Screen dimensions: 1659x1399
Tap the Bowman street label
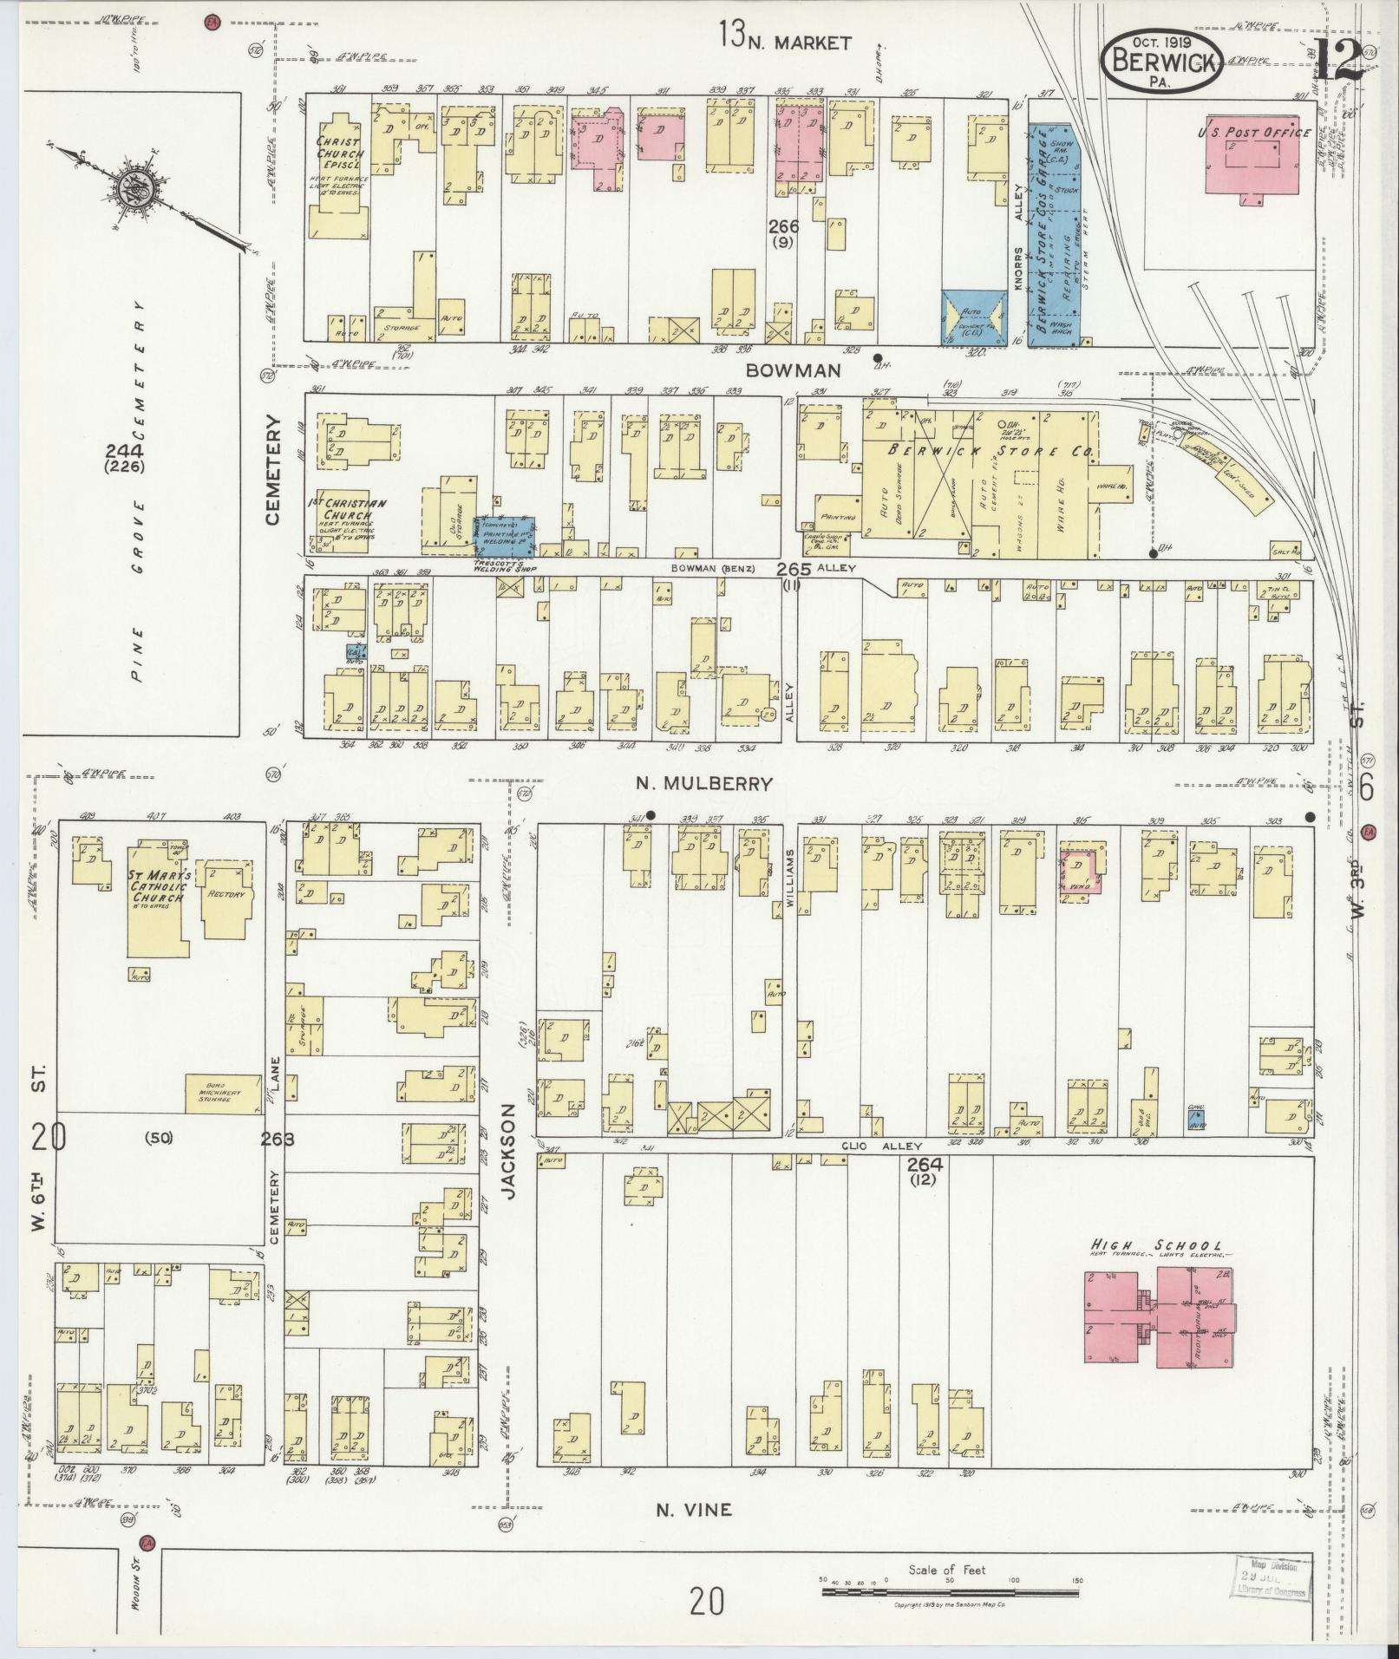click(x=794, y=370)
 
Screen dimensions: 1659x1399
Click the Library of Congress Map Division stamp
click(x=1272, y=1577)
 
